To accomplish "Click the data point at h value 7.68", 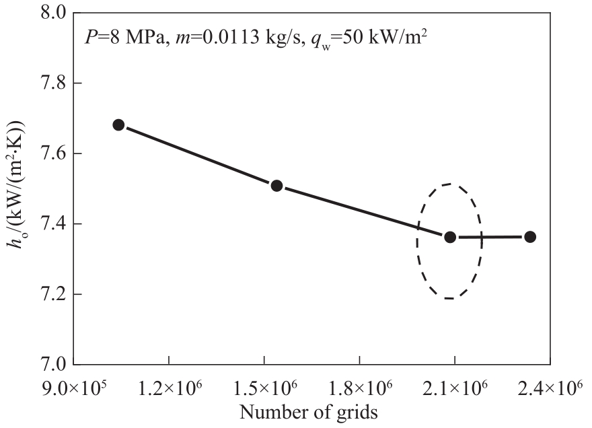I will tap(118, 124).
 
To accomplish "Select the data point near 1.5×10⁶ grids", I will tap(276, 186).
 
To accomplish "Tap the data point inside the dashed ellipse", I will tap(450, 237).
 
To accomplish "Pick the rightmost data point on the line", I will tap(530, 237).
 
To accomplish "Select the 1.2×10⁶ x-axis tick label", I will tap(168, 388).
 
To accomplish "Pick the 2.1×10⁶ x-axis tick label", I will tap(455, 388).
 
